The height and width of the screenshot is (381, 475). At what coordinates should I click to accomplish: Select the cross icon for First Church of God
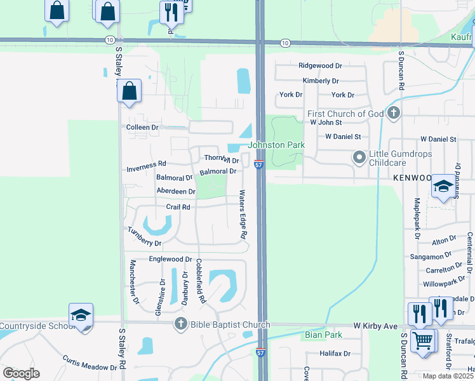(394, 114)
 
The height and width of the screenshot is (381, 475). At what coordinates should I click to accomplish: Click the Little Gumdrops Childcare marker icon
(359, 156)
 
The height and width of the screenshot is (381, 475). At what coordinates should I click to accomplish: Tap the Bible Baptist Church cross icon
(182, 324)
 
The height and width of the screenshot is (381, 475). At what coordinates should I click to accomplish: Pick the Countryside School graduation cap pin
(81, 316)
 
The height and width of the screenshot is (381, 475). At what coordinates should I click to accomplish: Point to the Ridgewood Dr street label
(320, 65)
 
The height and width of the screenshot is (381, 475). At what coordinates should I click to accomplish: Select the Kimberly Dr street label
(321, 81)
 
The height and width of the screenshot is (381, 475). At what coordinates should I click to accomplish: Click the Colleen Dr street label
(142, 127)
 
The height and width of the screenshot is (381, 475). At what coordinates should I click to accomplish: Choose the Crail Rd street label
(178, 207)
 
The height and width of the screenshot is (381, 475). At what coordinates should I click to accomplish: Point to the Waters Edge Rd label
(243, 215)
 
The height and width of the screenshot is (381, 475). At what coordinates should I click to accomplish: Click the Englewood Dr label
(170, 259)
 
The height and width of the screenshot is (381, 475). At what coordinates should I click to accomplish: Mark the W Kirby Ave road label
(375, 326)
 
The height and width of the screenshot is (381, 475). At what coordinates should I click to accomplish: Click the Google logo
(21, 373)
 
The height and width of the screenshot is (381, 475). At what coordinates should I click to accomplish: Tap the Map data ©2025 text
(447, 376)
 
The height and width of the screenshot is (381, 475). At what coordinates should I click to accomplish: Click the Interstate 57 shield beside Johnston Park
(259, 164)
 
